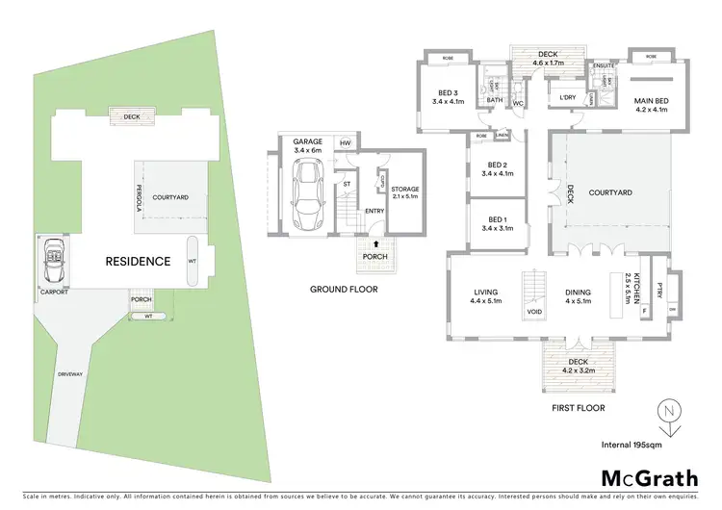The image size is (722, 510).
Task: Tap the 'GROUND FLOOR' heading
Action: [x=343, y=289]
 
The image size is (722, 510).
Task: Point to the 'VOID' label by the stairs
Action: [x=532, y=313]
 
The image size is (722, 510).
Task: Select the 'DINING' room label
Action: [x=579, y=293]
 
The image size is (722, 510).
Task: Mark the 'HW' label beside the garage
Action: [x=343, y=143]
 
